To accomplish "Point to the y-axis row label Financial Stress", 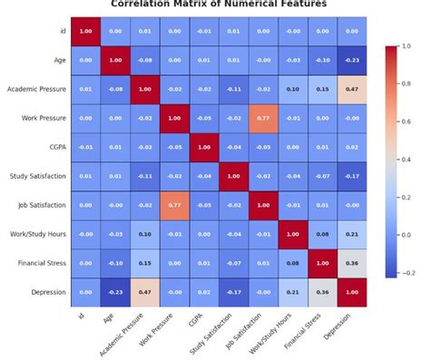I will pyautogui.click(x=41, y=263).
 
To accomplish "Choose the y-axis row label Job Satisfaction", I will pyautogui.click(x=41, y=205).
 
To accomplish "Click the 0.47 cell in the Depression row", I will pyautogui.click(x=144, y=292).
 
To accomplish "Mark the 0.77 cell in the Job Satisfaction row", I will pyautogui.click(x=173, y=205).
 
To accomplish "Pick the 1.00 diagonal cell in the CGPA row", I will pyautogui.click(x=203, y=147).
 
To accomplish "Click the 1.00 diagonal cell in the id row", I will pyautogui.click(x=86, y=31).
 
